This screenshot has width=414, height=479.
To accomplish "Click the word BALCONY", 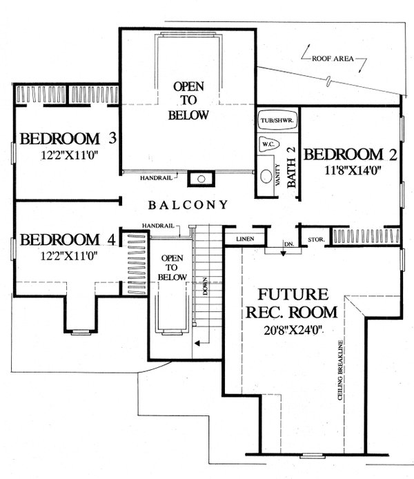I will pyautogui.click(x=188, y=204).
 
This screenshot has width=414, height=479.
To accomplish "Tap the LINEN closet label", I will pyautogui.click(x=246, y=239).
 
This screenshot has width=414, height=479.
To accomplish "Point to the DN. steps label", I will pyautogui.click(x=288, y=244).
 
